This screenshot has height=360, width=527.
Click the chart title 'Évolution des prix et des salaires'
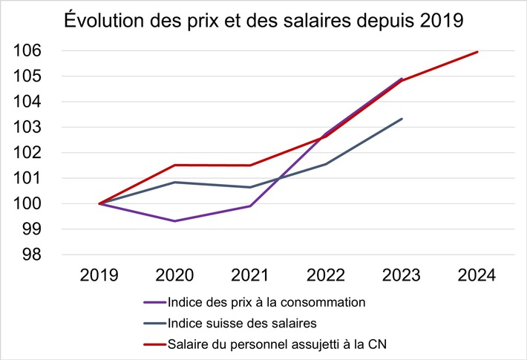(263, 20)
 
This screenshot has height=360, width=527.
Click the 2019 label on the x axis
(99, 276)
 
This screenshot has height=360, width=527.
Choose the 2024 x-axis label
(477, 276)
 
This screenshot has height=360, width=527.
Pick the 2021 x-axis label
(250, 276)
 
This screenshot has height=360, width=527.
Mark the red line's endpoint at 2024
(477, 52)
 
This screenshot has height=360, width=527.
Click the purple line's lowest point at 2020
(174, 221)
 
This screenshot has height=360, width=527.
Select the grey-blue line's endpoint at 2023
(402, 119)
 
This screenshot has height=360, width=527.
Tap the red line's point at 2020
(174, 165)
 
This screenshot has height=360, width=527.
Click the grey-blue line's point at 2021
(250, 187)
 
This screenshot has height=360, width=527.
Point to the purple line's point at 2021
(250, 206)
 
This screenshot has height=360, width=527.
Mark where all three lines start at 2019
(99, 203)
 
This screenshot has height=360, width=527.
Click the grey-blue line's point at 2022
(326, 164)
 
